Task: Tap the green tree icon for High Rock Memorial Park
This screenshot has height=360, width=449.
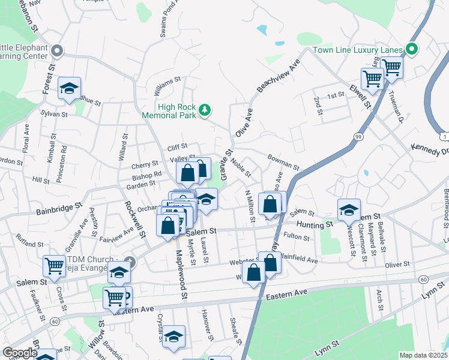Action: pyautogui.click(x=205, y=109)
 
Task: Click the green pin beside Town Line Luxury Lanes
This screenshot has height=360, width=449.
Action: pyautogui.click(x=412, y=49)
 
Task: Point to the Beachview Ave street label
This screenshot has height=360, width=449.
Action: pyautogui.click(x=278, y=76)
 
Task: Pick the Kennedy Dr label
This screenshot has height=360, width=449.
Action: pyautogui.click(x=429, y=148)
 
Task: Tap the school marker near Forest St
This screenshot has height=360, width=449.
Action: pyautogui.click(x=69, y=88)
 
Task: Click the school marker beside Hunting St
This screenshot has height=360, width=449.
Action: pyautogui.click(x=349, y=209)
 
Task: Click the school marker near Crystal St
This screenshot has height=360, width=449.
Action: pyautogui.click(x=174, y=338)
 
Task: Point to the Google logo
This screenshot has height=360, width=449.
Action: pyautogui.click(x=20, y=353)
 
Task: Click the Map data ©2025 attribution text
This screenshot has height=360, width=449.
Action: pyautogui.click(x=423, y=355)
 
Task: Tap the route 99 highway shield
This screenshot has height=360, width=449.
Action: pyautogui.click(x=358, y=137)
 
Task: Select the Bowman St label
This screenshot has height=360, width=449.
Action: pyautogui.click(x=283, y=163)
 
